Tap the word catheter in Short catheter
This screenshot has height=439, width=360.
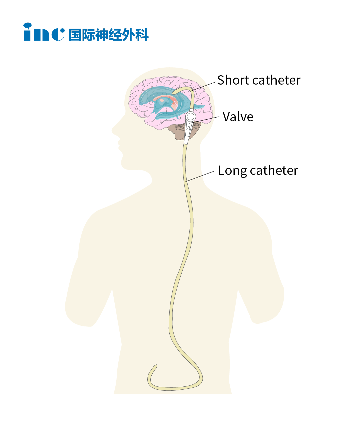pos(276,80)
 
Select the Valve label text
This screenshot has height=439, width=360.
pos(238,117)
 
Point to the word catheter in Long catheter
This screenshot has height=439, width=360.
pos(274,171)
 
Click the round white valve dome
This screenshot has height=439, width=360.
pos(191,116)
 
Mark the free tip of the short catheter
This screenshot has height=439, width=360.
pos(174,93)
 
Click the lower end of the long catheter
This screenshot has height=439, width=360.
pos(155,366)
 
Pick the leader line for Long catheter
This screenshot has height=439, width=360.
pos(200,177)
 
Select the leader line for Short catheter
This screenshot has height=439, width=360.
pos(204,86)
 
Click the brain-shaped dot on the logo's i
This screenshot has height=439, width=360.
pos(27,25)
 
